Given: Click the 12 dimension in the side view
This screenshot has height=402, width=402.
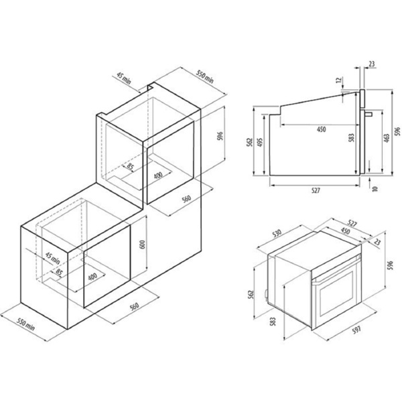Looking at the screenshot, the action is (x=340, y=80).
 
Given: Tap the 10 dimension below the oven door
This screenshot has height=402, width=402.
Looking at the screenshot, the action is (x=375, y=188).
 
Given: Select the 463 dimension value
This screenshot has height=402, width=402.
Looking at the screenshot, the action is (x=387, y=137).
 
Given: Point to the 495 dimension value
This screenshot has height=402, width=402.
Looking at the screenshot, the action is (x=260, y=143).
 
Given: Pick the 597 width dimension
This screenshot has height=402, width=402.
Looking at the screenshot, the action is (x=356, y=330).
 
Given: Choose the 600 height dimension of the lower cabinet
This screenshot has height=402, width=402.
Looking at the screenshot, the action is (x=143, y=245).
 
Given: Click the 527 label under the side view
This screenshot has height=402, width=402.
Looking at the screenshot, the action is (x=316, y=190).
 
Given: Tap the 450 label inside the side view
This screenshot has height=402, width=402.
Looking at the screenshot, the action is (x=321, y=129).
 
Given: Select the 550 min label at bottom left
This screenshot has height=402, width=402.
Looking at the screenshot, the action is (x=25, y=324).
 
